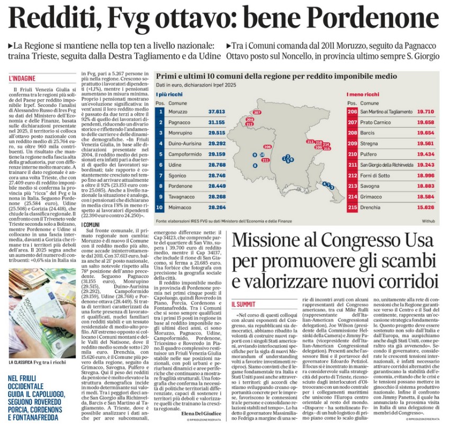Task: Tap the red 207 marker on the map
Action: pyautogui.click(x=257, y=113)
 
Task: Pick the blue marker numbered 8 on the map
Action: pyautogui.click(x=256, y=165)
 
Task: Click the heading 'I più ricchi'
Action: pyautogui.click(x=167, y=94)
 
